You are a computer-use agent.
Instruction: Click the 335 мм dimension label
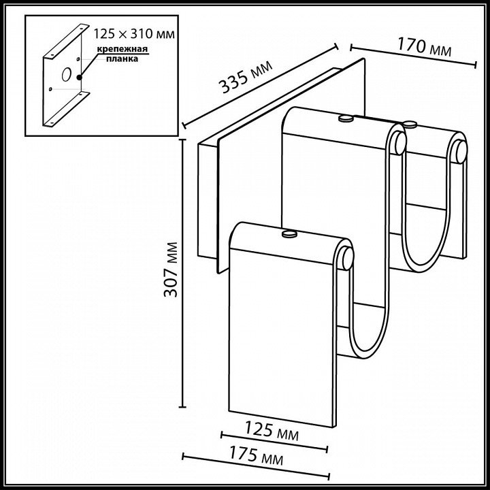(246, 76)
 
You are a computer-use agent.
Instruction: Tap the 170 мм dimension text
(425, 47)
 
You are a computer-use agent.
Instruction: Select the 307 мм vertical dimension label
(171, 269)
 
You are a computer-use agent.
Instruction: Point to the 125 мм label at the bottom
(272, 431)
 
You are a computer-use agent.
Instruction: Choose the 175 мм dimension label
(257, 455)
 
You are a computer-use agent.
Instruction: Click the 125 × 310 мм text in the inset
(134, 33)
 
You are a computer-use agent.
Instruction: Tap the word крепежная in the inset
(122, 50)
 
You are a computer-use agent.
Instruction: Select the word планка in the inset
(122, 59)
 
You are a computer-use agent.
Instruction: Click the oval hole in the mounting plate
(66, 74)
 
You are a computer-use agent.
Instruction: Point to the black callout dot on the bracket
(80, 77)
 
